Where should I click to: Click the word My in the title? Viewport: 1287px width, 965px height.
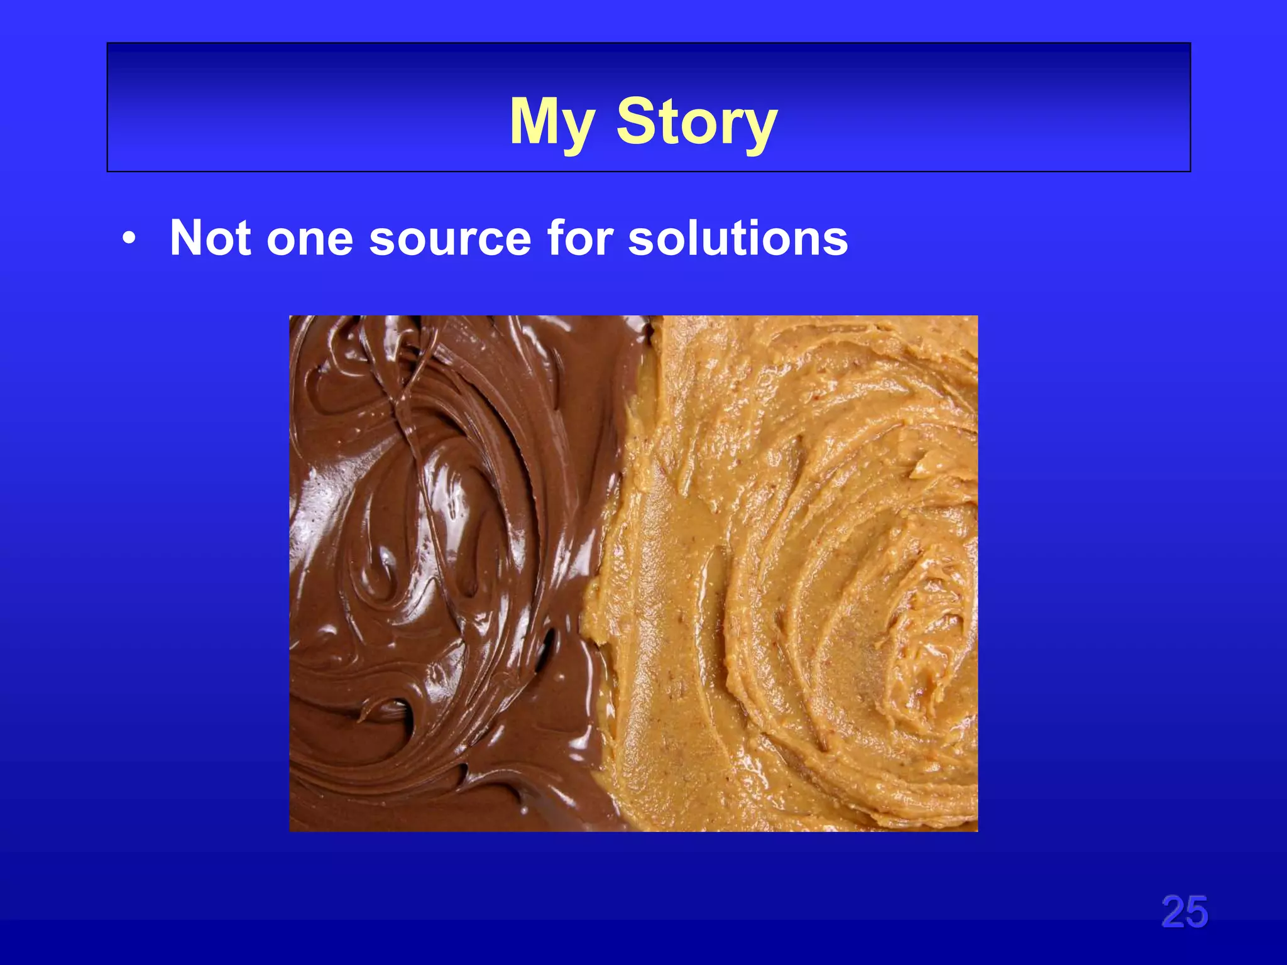point(551,123)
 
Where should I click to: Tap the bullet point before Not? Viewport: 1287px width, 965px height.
point(129,239)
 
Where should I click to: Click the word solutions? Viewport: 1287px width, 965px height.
point(738,238)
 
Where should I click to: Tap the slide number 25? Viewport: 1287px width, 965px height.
point(1184,912)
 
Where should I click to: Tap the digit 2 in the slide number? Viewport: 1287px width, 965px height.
point(1173,912)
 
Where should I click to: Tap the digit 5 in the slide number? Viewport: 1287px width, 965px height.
point(1197,912)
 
